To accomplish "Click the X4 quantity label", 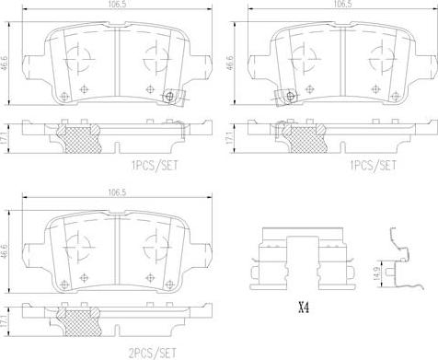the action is pos(304,308).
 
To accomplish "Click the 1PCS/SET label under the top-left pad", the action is pos(155,166).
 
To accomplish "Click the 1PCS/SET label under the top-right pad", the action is pos(374,166).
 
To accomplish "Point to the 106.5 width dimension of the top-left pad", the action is pos(118,4).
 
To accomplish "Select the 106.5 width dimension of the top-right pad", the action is pos(343,4).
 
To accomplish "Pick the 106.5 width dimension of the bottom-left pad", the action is pos(118,192).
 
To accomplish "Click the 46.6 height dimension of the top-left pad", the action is pos(5,64).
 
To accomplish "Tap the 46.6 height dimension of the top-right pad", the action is pos(229,64).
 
